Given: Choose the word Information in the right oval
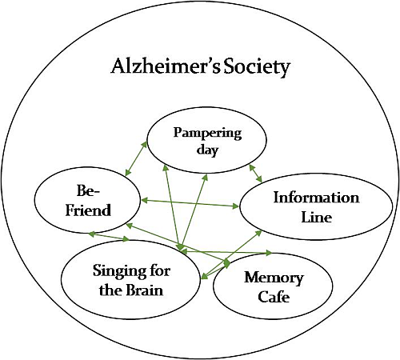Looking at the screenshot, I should (x=316, y=198).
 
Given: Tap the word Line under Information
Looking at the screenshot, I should (x=316, y=217).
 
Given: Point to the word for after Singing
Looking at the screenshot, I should (x=159, y=271).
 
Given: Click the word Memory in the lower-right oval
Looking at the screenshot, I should (x=274, y=278).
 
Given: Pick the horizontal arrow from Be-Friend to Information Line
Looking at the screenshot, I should (x=190, y=204).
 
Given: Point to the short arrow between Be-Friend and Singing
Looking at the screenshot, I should (x=108, y=236).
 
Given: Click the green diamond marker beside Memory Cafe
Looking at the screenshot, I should (x=226, y=262).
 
